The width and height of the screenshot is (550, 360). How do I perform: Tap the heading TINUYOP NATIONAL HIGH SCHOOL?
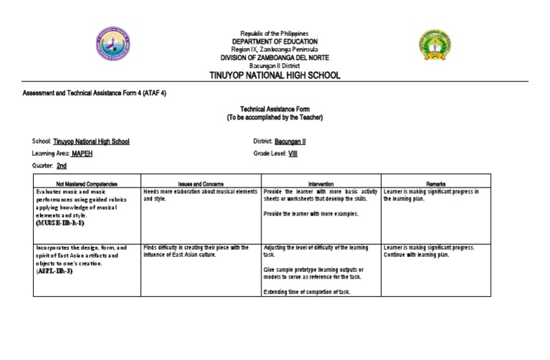[274, 75]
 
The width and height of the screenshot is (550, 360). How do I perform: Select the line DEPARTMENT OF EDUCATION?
[274, 42]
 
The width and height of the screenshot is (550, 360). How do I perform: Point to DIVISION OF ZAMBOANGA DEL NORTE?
[274, 57]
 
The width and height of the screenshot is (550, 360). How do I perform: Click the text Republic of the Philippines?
[274, 34]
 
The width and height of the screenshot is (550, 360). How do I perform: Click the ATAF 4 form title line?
[95, 94]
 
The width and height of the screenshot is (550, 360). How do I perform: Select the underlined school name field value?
[92, 142]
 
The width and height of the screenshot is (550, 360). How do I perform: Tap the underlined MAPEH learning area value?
[82, 153]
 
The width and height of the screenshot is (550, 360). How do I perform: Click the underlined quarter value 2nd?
[62, 165]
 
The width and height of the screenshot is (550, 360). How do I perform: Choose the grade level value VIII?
[292, 153]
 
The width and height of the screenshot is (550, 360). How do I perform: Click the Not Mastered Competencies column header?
[86, 184]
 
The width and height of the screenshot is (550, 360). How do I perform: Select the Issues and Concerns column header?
[201, 184]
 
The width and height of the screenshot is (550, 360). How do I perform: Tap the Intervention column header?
[321, 184]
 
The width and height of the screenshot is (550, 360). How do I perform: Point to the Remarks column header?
[435, 184]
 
